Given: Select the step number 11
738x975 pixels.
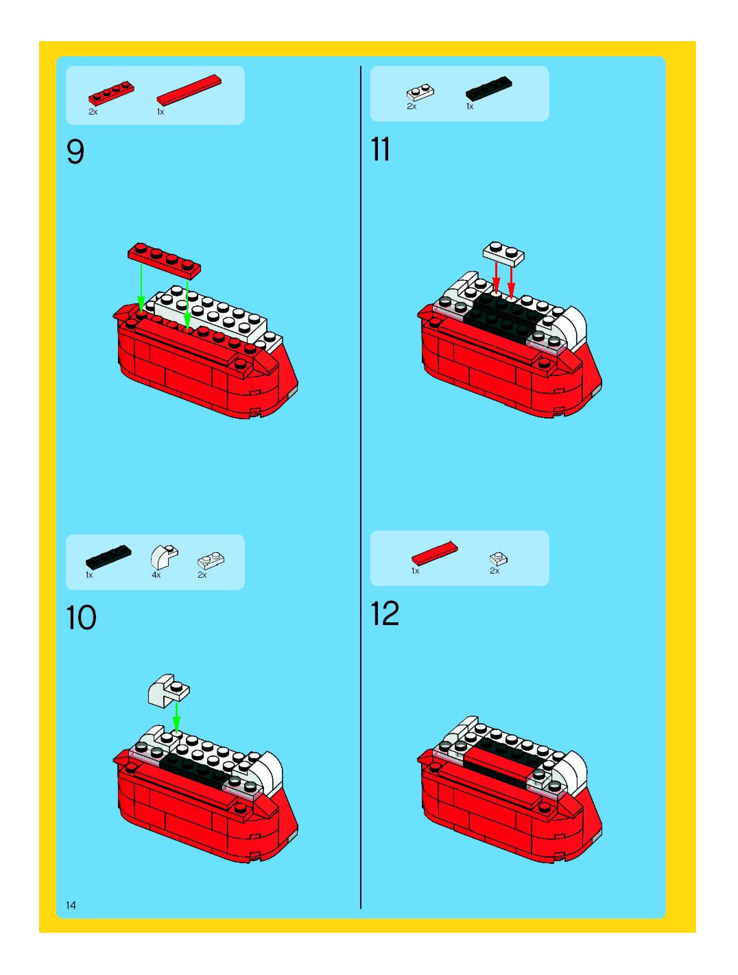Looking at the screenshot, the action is point(380,150).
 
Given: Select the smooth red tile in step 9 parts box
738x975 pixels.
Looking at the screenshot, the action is point(189,90).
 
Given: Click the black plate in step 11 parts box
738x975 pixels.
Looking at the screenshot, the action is point(489,89).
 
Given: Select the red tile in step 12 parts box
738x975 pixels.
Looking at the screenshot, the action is point(435,553).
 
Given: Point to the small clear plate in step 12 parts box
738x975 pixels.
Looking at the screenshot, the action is point(498,559).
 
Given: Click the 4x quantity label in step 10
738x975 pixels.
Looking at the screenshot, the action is point(156,575).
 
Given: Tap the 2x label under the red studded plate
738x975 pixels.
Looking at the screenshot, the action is point(93,112).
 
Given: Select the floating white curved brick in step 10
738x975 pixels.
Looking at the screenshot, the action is point(168,691).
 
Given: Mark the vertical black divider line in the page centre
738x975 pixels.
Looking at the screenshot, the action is point(360,485).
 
